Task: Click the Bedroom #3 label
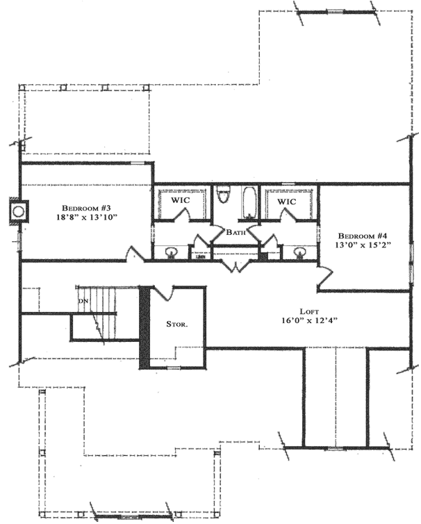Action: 87,208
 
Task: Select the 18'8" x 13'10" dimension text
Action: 87,218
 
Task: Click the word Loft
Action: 309,311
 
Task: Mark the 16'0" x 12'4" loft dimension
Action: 309,321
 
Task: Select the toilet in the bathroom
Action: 223,194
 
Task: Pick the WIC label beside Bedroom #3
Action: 181,201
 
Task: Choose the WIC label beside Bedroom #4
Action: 287,202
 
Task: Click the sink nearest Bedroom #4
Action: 300,252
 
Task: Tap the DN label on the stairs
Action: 83,301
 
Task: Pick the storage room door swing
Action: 160,293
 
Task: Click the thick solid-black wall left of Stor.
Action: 145,327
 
